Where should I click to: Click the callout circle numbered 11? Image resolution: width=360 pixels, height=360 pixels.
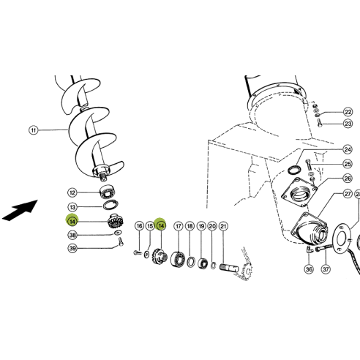[x=33, y=130]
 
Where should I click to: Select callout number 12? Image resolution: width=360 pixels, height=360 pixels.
[x=72, y=192]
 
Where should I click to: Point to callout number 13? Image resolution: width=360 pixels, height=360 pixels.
[x=72, y=207]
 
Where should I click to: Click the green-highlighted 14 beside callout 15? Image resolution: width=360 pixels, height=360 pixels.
[x=161, y=226]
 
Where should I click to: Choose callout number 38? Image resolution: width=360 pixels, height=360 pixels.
[x=72, y=235]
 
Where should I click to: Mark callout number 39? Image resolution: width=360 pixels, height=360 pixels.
[x=72, y=249]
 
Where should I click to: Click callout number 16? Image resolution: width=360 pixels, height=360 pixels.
[x=139, y=227]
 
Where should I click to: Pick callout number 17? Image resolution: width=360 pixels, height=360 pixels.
[x=178, y=226]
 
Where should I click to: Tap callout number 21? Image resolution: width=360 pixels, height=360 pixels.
[x=223, y=226]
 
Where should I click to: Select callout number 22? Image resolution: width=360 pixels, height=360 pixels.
[x=348, y=112]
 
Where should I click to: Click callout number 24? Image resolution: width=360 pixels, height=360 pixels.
[x=348, y=150]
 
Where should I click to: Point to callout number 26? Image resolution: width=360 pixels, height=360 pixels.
[x=348, y=178]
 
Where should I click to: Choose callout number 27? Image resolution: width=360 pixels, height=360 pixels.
[x=348, y=195]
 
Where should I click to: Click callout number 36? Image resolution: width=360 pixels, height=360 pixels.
[x=308, y=269]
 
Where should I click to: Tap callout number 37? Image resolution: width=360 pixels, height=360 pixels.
[x=326, y=269]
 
